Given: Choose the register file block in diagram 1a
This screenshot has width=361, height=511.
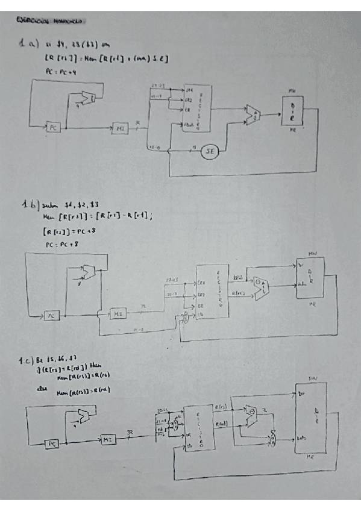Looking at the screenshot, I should point(193,108).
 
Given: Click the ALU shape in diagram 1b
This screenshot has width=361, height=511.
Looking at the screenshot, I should point(261,289).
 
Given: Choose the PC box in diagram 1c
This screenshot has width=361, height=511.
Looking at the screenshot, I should point(54,443).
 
